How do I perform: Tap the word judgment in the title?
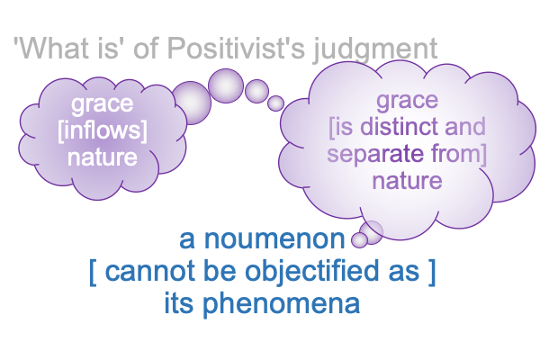[x=375, y=50]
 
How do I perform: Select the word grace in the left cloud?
[x=102, y=104]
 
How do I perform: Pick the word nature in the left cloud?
[x=103, y=157]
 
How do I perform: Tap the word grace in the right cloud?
[x=407, y=101]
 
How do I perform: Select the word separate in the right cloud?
[x=375, y=154]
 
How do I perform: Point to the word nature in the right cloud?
[x=407, y=181]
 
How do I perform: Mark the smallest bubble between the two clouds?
[x=275, y=103]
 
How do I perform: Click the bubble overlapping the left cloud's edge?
[x=191, y=103]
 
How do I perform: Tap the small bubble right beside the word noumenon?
[x=359, y=240]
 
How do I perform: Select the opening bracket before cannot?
[x=93, y=272]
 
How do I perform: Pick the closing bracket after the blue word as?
[x=433, y=272]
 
